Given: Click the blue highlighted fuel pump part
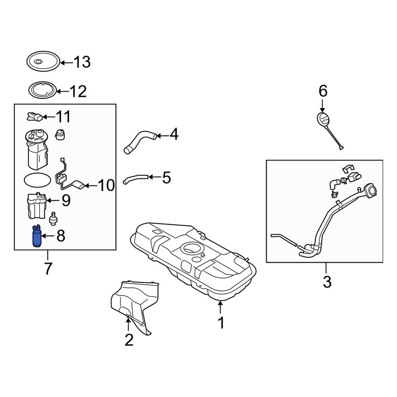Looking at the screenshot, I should [36, 237].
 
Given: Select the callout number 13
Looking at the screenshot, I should [82, 62].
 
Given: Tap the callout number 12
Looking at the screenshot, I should [78, 92].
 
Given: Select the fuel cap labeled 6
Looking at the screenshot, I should [323, 119].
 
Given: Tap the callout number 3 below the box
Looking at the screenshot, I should [326, 282].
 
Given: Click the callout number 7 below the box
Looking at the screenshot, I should [48, 269].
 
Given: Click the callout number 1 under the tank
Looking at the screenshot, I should [221, 323].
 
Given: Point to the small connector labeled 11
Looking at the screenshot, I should [35, 117].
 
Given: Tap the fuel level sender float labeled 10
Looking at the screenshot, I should [78, 185].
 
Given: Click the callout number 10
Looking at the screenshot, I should [106, 185].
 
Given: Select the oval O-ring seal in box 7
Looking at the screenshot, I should [37, 179].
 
